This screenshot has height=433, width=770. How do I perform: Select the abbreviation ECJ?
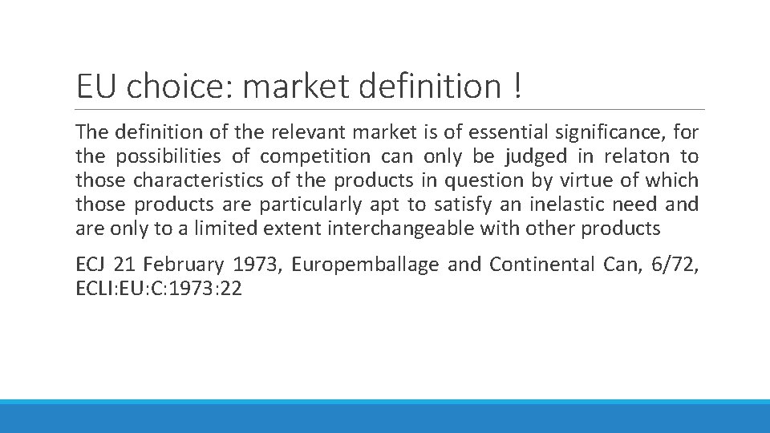(x=91, y=265)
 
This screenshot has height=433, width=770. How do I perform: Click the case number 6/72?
(x=675, y=265)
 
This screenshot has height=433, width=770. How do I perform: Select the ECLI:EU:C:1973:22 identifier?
(x=158, y=289)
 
